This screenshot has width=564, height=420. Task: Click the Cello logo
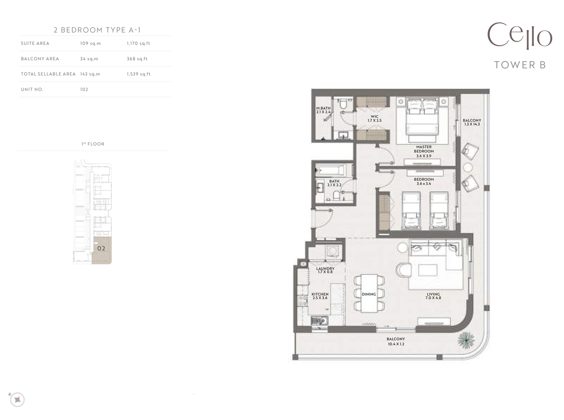tap(520, 36)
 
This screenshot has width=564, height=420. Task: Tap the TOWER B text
tap(520, 65)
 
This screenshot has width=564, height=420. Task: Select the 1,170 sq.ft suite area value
tap(138, 43)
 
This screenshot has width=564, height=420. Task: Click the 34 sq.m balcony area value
tap(89, 59)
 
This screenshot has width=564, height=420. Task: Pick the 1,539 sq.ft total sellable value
tap(138, 74)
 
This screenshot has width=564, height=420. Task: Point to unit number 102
tap(84, 89)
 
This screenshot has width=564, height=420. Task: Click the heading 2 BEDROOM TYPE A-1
tap(97, 30)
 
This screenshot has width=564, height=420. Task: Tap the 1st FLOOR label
tap(93, 144)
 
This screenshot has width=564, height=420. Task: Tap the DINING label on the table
tap(369, 294)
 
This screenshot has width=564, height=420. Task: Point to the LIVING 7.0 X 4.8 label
tap(433, 296)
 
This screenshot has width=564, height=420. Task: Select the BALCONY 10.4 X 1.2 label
tap(395, 341)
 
